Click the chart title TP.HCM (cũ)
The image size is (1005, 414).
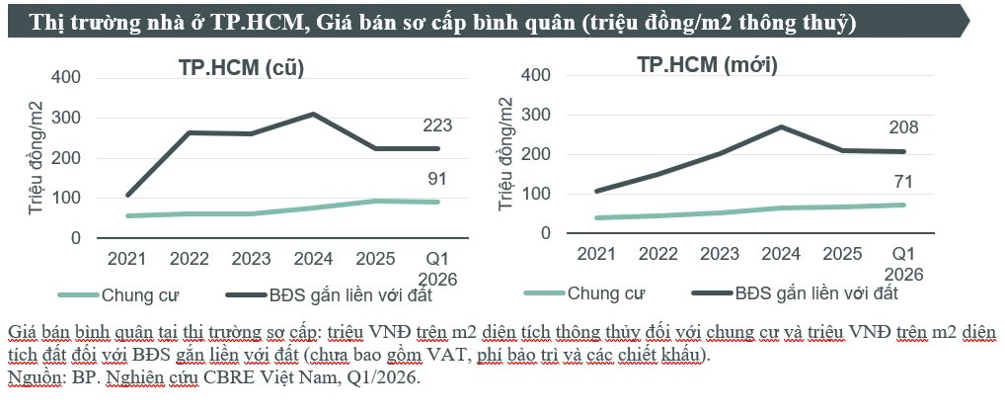click(x=241, y=68)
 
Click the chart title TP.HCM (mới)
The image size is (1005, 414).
click(x=707, y=66)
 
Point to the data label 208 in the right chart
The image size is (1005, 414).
click(x=902, y=126)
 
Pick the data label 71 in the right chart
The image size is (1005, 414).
click(x=902, y=182)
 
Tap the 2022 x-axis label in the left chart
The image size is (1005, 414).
click(x=189, y=258)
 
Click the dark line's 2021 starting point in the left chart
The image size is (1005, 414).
click(x=127, y=195)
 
